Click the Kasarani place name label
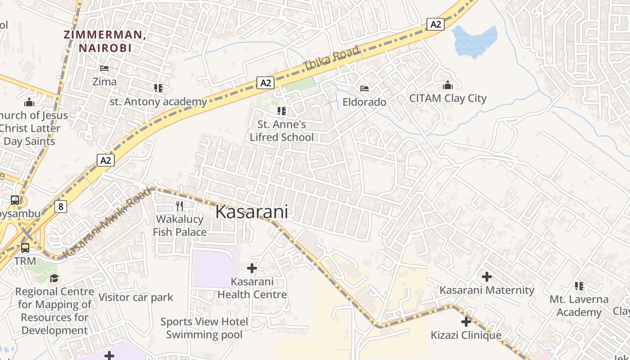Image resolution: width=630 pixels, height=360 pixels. coord(252,211)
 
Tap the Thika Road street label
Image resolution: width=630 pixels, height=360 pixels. coord(332,58)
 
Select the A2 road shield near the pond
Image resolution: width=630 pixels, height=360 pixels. coord(436,24)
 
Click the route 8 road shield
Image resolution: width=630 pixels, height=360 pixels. coord(61,207)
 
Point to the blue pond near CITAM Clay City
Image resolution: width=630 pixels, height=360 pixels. coord(475,40)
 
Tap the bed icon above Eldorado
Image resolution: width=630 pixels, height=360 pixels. coord(364,88)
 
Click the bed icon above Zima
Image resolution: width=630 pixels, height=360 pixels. coord(104,68)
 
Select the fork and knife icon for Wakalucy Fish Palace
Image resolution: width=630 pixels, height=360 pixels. coord(180,206)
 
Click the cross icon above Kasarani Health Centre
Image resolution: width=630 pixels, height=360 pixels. coord(252,269)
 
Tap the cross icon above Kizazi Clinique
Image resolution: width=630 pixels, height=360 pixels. coord(466,322)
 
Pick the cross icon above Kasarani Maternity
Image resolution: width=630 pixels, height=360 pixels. coord(487,277)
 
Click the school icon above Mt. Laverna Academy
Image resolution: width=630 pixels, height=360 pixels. coord(579,286)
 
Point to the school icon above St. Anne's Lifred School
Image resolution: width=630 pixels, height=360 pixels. coord(282,111)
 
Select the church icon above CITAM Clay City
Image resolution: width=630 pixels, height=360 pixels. coord(448,85)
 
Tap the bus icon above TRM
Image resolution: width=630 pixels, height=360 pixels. coord(25,248)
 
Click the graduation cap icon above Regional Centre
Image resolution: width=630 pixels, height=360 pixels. coord(54,278)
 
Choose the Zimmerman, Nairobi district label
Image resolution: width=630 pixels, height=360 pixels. coord(104,41)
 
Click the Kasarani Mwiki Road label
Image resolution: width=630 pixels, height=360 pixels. coord(107,223)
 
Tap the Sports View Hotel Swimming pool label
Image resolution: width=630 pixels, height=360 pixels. coord(204,328)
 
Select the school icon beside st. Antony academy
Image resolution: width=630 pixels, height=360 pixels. coord(158,88)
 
